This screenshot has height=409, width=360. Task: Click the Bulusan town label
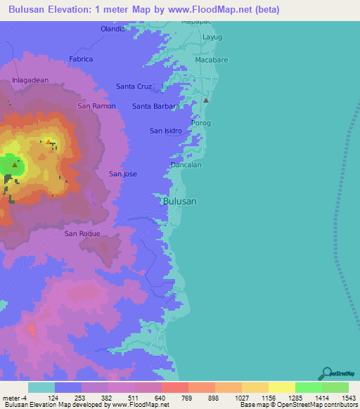pos(179,201)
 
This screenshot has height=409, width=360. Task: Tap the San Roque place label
pos(82,233)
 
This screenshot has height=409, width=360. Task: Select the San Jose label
pos(123,174)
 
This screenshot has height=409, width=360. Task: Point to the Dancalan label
pos(186,165)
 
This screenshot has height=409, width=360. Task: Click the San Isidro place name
pos(166,131)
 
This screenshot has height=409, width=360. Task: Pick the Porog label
pos(201,123)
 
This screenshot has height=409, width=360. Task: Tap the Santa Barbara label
pos(156,106)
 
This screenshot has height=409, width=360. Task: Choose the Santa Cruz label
pos(134,86)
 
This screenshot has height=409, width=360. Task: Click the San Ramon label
pos(96,106)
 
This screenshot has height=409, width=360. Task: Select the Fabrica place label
pos(82,59)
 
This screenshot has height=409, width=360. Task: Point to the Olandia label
pos(112,29)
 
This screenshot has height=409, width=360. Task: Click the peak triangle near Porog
pos(206,100)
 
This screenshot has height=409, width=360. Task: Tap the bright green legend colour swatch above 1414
pos(308,387)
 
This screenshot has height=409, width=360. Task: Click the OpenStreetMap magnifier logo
pos(326,373)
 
